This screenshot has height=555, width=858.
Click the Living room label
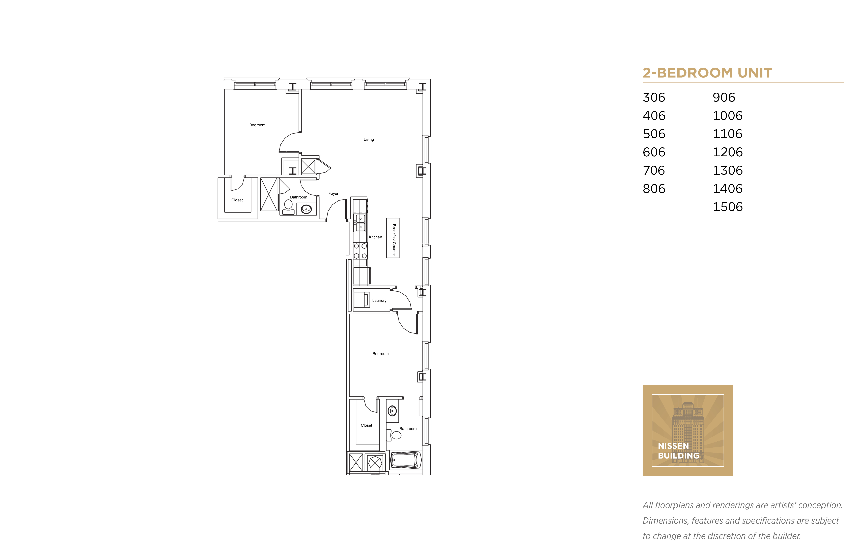[x=369, y=139]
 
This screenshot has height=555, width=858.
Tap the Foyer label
[x=333, y=194]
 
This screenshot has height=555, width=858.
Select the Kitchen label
[x=375, y=237]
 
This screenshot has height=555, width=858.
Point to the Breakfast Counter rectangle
[x=393, y=238]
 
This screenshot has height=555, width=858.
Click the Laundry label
[x=379, y=300]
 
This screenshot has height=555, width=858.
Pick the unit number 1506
[x=728, y=207]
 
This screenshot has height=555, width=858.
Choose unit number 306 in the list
[x=654, y=97]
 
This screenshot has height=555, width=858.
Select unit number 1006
[x=728, y=116]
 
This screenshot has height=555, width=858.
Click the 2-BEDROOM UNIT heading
[x=707, y=73]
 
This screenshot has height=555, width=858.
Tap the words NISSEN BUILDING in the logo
[x=678, y=451]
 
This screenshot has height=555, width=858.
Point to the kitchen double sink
[x=360, y=223]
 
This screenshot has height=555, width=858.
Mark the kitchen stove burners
[x=360, y=251]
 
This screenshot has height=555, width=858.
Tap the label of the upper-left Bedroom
[x=257, y=125]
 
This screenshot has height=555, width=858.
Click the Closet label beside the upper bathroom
[x=237, y=200]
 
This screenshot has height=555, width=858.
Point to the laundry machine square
[x=362, y=300]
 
